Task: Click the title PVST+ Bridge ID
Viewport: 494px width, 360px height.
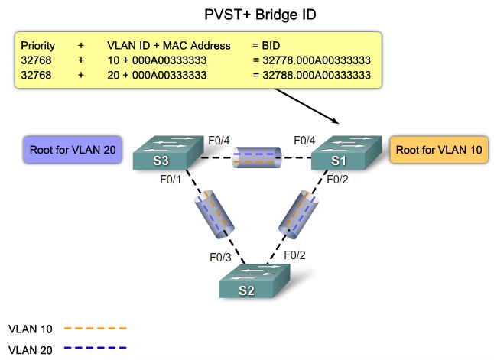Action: (x=259, y=14)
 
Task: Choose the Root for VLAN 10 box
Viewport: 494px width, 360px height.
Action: (x=439, y=150)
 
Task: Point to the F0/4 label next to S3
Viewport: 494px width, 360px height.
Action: (x=219, y=141)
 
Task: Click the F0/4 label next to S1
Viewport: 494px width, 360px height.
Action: (x=305, y=141)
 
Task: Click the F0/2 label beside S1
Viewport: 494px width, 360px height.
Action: (x=337, y=180)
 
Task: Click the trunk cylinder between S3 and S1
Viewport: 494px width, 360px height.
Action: (x=258, y=159)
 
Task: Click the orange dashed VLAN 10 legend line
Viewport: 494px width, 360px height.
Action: (x=95, y=329)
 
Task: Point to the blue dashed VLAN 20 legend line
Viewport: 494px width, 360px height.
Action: (x=95, y=348)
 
